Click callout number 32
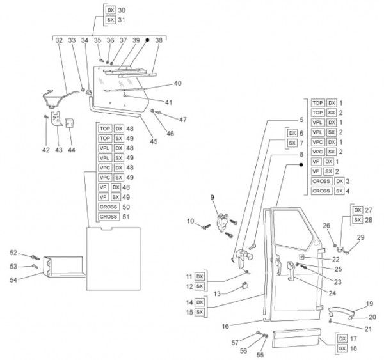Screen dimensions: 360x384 pos(58,40)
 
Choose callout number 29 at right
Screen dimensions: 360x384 pos(361,237)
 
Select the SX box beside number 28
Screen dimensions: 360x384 pos(357,220)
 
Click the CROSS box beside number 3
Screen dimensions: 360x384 pos(321,180)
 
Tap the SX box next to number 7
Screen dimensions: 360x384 pos(292,143)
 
